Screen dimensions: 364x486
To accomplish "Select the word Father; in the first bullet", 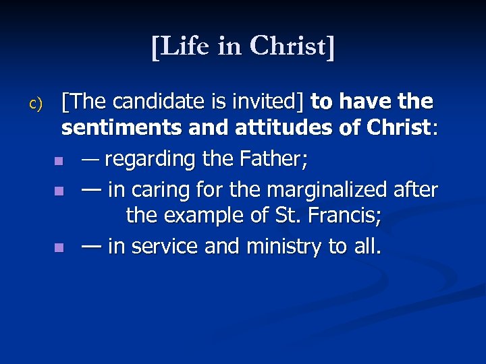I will pyautogui.click(x=279, y=160).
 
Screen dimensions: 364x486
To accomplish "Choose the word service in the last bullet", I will pyautogui.click(x=163, y=247).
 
